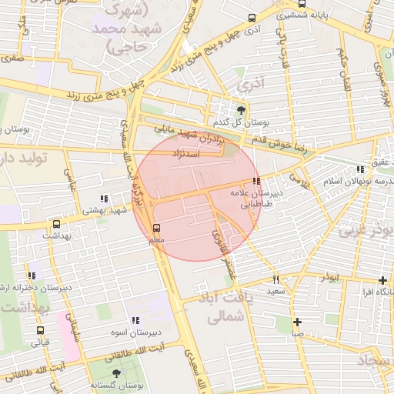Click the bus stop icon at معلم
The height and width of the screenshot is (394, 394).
click(157, 228)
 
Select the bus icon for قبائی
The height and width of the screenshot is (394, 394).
click(40, 330)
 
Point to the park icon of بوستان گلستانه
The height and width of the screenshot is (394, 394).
click(116, 373)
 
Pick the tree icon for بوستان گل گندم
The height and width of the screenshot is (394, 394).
click(242, 110)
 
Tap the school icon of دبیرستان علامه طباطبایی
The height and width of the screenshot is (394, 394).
click(256, 182)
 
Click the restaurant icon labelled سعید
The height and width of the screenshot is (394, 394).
click(275, 280)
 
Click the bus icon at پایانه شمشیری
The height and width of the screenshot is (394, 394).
click(252, 18)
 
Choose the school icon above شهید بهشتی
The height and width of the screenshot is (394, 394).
click(105, 199)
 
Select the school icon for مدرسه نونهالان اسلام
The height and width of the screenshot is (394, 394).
click(360, 170)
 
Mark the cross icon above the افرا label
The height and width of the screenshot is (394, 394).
click(383, 280)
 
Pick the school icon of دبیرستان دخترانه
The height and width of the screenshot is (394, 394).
click(32, 275)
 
